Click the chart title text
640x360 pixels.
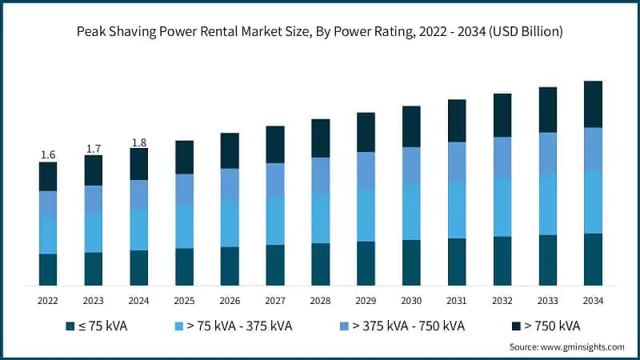(x=320, y=33)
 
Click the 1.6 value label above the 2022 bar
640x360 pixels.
(x=48, y=154)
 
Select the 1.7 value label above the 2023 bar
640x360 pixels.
(x=94, y=148)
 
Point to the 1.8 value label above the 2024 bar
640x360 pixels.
(x=138, y=142)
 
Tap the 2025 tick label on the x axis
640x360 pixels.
(x=184, y=300)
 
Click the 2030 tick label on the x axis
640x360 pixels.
(x=411, y=300)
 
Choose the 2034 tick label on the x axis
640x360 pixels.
(x=593, y=300)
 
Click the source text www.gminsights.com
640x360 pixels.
(x=567, y=347)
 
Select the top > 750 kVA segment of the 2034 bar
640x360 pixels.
(x=593, y=104)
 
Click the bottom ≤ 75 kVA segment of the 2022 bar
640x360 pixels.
(x=48, y=270)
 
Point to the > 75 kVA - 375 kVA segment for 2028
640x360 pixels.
(x=321, y=218)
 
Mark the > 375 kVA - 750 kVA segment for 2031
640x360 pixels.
(x=457, y=162)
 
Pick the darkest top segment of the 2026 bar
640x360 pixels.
(x=230, y=150)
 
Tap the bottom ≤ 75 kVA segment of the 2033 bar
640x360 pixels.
(x=548, y=260)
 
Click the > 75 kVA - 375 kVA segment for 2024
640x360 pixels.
(x=138, y=230)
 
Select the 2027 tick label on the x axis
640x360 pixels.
(x=275, y=300)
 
